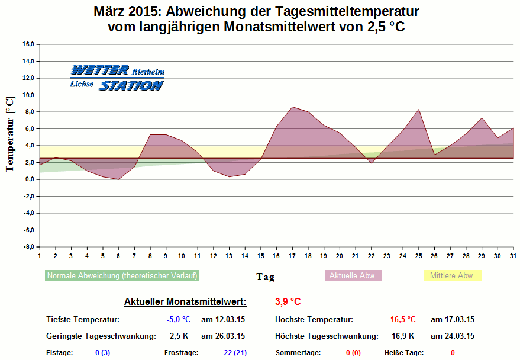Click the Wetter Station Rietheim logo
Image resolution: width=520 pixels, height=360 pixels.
point(117,78)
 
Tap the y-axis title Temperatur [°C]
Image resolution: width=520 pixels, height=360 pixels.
point(10,135)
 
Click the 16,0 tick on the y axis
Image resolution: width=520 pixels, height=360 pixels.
point(28,44)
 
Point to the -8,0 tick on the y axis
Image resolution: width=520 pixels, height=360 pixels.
point(28,246)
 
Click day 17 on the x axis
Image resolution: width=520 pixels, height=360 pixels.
point(292,256)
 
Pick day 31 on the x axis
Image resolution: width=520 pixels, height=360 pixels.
point(513,256)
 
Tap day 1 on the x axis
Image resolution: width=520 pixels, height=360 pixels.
point(40,256)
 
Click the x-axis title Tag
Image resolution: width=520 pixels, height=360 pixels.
point(265,277)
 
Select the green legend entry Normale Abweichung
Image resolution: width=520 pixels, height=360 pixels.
point(122,275)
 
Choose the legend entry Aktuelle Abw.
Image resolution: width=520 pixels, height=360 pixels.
point(354,275)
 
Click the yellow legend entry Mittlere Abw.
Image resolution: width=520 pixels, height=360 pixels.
point(453,275)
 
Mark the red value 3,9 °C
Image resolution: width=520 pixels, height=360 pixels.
point(288,302)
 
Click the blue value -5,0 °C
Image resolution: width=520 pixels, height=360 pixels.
point(179,319)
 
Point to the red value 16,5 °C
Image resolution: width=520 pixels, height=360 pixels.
point(403,319)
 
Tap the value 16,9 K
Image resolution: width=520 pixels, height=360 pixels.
point(403,336)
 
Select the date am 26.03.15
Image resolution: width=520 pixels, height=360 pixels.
point(223,336)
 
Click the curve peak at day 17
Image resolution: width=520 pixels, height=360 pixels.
point(292,107)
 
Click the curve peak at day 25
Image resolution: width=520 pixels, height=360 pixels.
point(419,110)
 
